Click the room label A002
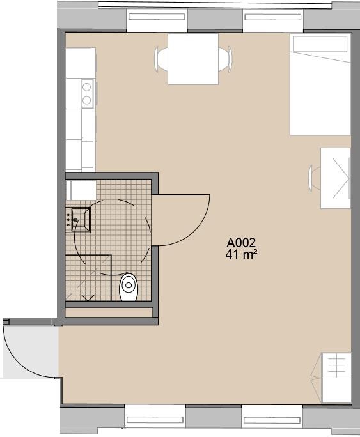241,243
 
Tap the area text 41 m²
241,254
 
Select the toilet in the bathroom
129,287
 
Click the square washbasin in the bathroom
81,219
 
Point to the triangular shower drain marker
88,297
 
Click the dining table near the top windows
192,59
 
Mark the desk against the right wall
336,178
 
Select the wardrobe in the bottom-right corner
336,378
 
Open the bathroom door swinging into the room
182,219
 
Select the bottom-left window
155,419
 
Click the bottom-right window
272,419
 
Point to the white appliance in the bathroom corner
82,190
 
